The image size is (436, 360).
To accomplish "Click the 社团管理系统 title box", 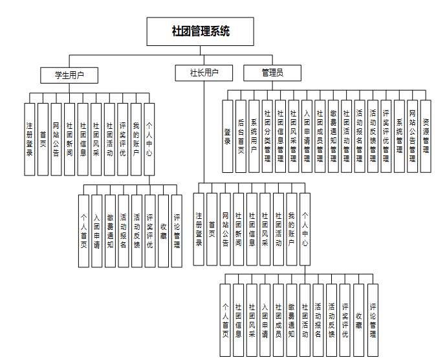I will coord(201,31).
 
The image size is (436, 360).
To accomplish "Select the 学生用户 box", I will coord(69,75).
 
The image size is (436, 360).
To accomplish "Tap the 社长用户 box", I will coord(204,73).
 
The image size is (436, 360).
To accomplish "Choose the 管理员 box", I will coord(272,73).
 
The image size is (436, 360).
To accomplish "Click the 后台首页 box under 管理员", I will coord(241,136).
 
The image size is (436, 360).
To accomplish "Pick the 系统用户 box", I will coord(254,136).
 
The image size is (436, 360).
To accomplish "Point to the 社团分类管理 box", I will coord(267,136).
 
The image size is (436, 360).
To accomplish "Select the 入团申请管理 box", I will coord(307,136).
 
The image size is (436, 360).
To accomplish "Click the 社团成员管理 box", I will coord(320,136).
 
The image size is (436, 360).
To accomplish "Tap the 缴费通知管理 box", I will coord(333,136).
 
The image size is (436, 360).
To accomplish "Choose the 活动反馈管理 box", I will coord(373,136).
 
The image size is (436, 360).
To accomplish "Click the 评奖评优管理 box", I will coord(386,136).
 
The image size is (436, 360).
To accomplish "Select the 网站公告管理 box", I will coord(412,136).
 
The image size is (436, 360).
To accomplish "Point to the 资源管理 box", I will coord(426,136).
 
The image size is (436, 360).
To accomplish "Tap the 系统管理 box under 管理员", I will coord(399,136).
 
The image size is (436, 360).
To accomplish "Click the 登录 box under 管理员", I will coord(228,136).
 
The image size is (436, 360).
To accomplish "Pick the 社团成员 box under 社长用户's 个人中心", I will coord(278,320).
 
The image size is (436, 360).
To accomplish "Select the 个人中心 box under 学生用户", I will coord(149,139).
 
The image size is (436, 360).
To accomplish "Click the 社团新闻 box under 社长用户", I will coord(239,229).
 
